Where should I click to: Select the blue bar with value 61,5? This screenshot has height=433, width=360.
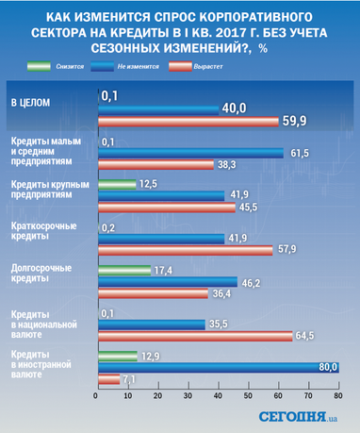click(189, 152)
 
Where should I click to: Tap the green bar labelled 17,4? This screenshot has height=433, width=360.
click(123, 270)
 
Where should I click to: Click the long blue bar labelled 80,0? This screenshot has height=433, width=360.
click(218, 367)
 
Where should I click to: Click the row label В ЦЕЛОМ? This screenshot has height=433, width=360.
click(28, 100)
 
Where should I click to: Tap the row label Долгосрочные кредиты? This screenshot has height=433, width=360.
click(37, 275)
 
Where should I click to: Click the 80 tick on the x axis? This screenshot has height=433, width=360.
click(337, 397)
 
